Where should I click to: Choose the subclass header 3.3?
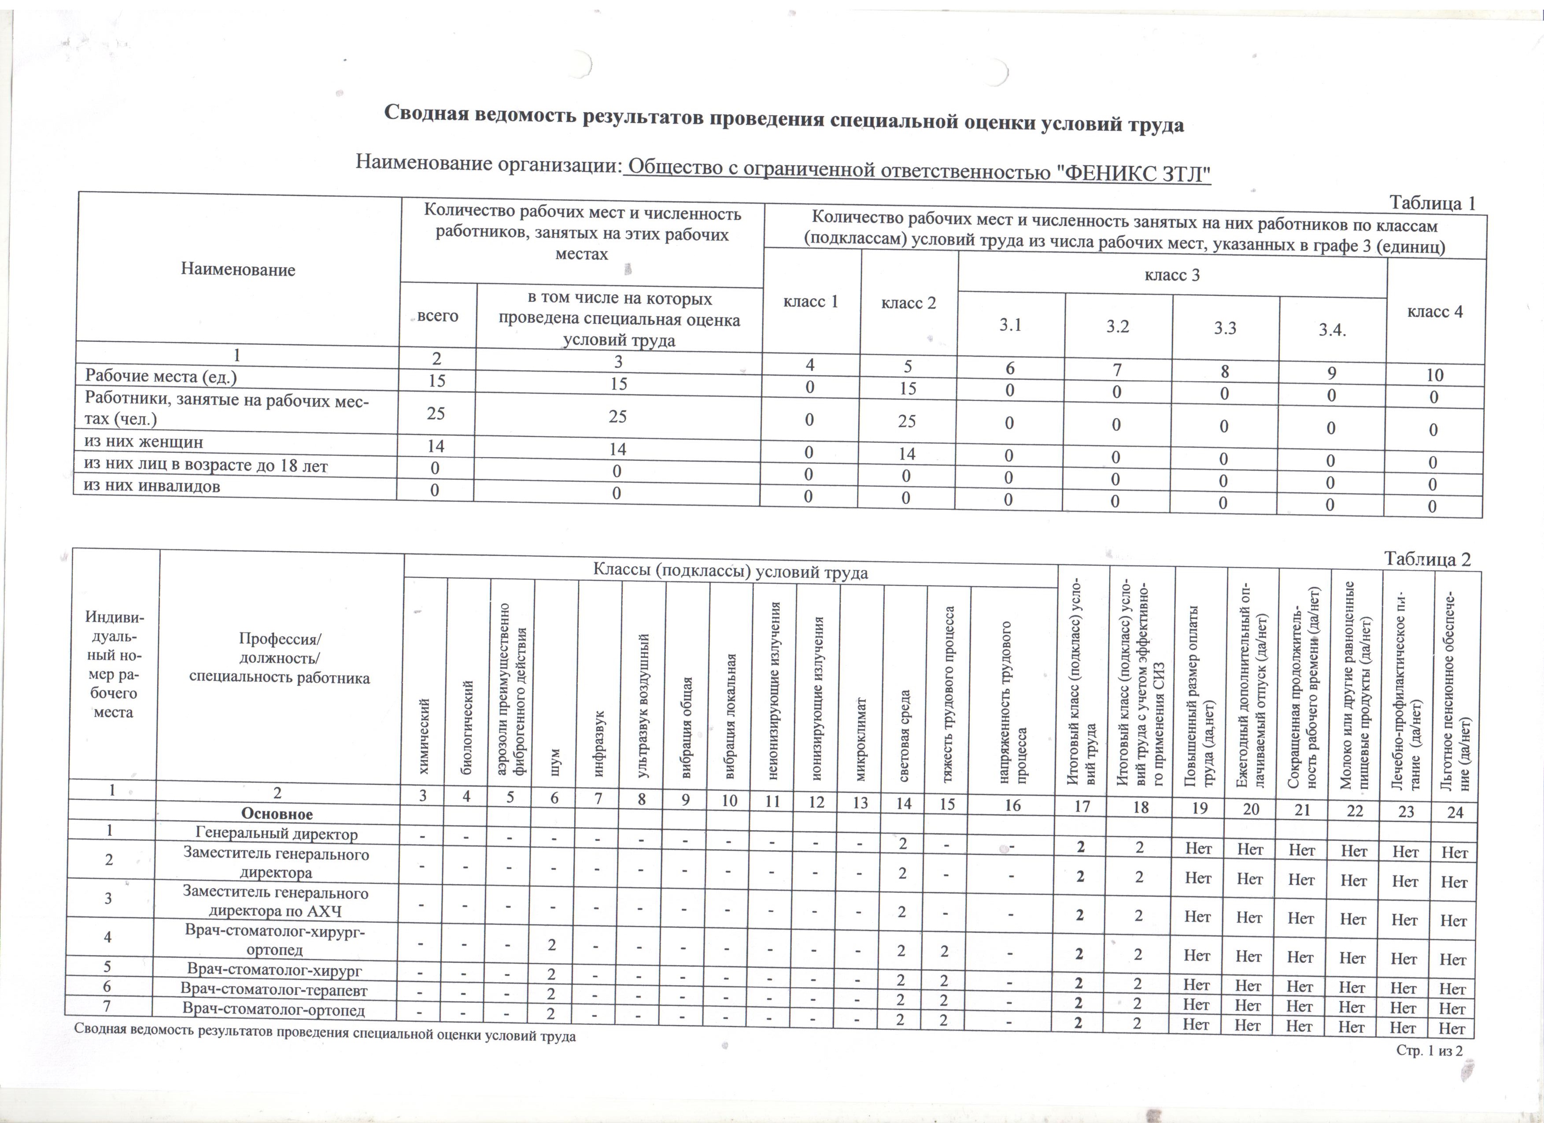[1226, 328]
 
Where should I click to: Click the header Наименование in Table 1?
[238, 270]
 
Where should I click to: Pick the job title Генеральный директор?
[277, 833]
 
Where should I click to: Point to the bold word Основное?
[277, 814]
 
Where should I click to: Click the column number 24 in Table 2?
[1454, 811]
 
